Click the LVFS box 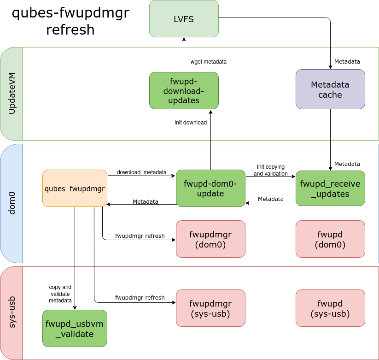click(184, 18)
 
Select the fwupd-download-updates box click(184, 90)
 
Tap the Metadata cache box click(330, 89)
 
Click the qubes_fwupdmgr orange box click(75, 188)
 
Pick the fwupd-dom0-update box click(210, 188)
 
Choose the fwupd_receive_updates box click(330, 188)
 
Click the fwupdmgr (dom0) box click(210, 239)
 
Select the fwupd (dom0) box click(330, 239)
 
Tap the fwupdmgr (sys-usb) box click(210, 308)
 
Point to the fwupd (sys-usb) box click(330, 308)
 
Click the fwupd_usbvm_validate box click(75, 328)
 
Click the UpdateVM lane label click(12, 94)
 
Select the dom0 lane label click(12, 203)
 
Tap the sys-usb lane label click(12, 313)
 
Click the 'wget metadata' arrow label click(208, 61)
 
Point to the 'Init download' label click(191, 123)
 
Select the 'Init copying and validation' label click(270, 170)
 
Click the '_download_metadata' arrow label click(140, 172)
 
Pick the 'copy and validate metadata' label click(60, 294)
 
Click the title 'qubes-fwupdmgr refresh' click(70, 21)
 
